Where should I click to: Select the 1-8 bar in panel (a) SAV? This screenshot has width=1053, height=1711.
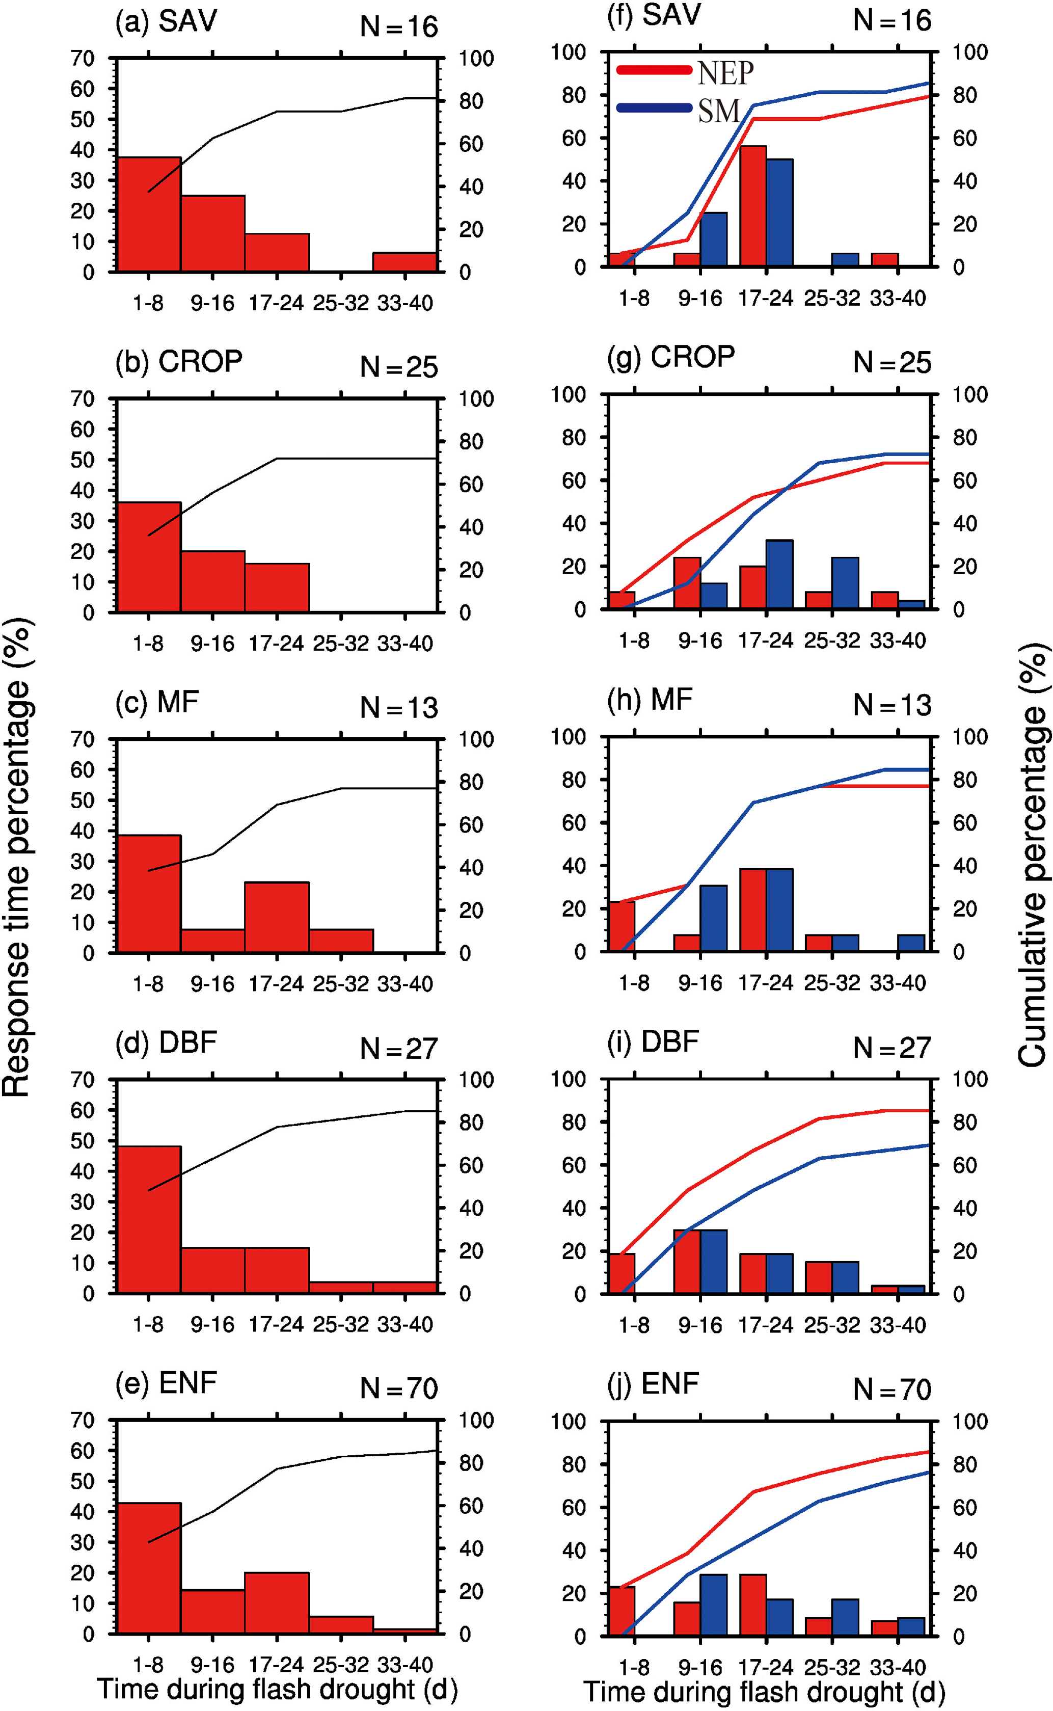(x=149, y=214)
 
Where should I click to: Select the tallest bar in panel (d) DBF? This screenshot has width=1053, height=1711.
(x=149, y=1219)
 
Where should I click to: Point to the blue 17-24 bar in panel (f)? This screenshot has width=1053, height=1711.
(x=779, y=212)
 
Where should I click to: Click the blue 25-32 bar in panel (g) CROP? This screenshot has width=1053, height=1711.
(x=845, y=583)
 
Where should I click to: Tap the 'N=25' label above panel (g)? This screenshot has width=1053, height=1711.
(x=892, y=363)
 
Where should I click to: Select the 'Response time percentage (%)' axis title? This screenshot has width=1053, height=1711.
(x=17, y=856)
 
